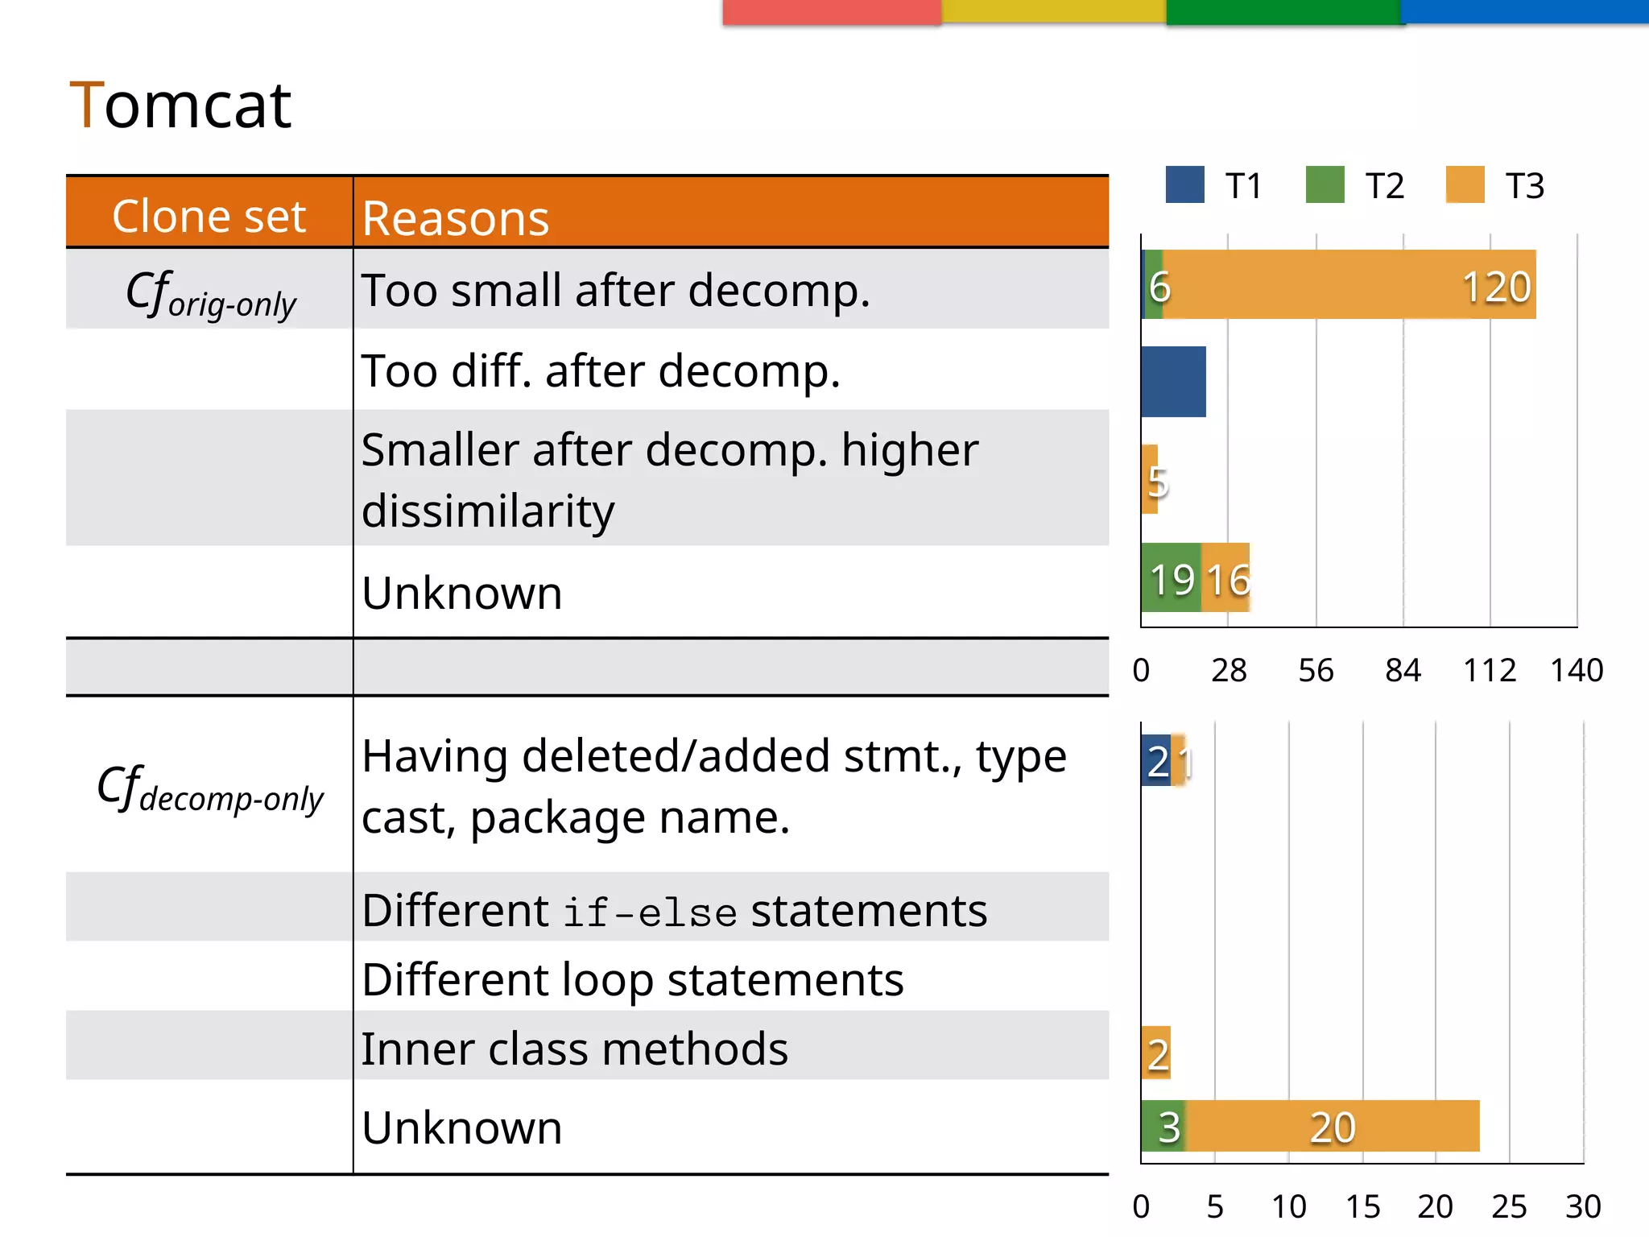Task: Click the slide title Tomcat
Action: coord(180,105)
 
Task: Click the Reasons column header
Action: coord(455,218)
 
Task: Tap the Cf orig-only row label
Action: coord(211,294)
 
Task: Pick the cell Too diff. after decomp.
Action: coord(601,371)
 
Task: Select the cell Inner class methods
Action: coord(574,1049)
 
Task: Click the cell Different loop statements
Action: coord(632,980)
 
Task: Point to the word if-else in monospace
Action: coord(649,913)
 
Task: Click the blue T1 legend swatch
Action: coord(1184,184)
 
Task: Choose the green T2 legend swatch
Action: coord(1325,184)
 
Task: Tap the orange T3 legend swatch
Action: coord(1465,184)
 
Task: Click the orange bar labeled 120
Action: coord(1349,284)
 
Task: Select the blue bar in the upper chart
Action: coord(1173,382)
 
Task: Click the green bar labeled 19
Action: coord(1171,577)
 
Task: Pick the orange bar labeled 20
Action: coord(1333,1126)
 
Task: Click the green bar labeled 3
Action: coord(1163,1126)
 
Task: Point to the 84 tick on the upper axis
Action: coord(1403,670)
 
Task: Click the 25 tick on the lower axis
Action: coord(1509,1206)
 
